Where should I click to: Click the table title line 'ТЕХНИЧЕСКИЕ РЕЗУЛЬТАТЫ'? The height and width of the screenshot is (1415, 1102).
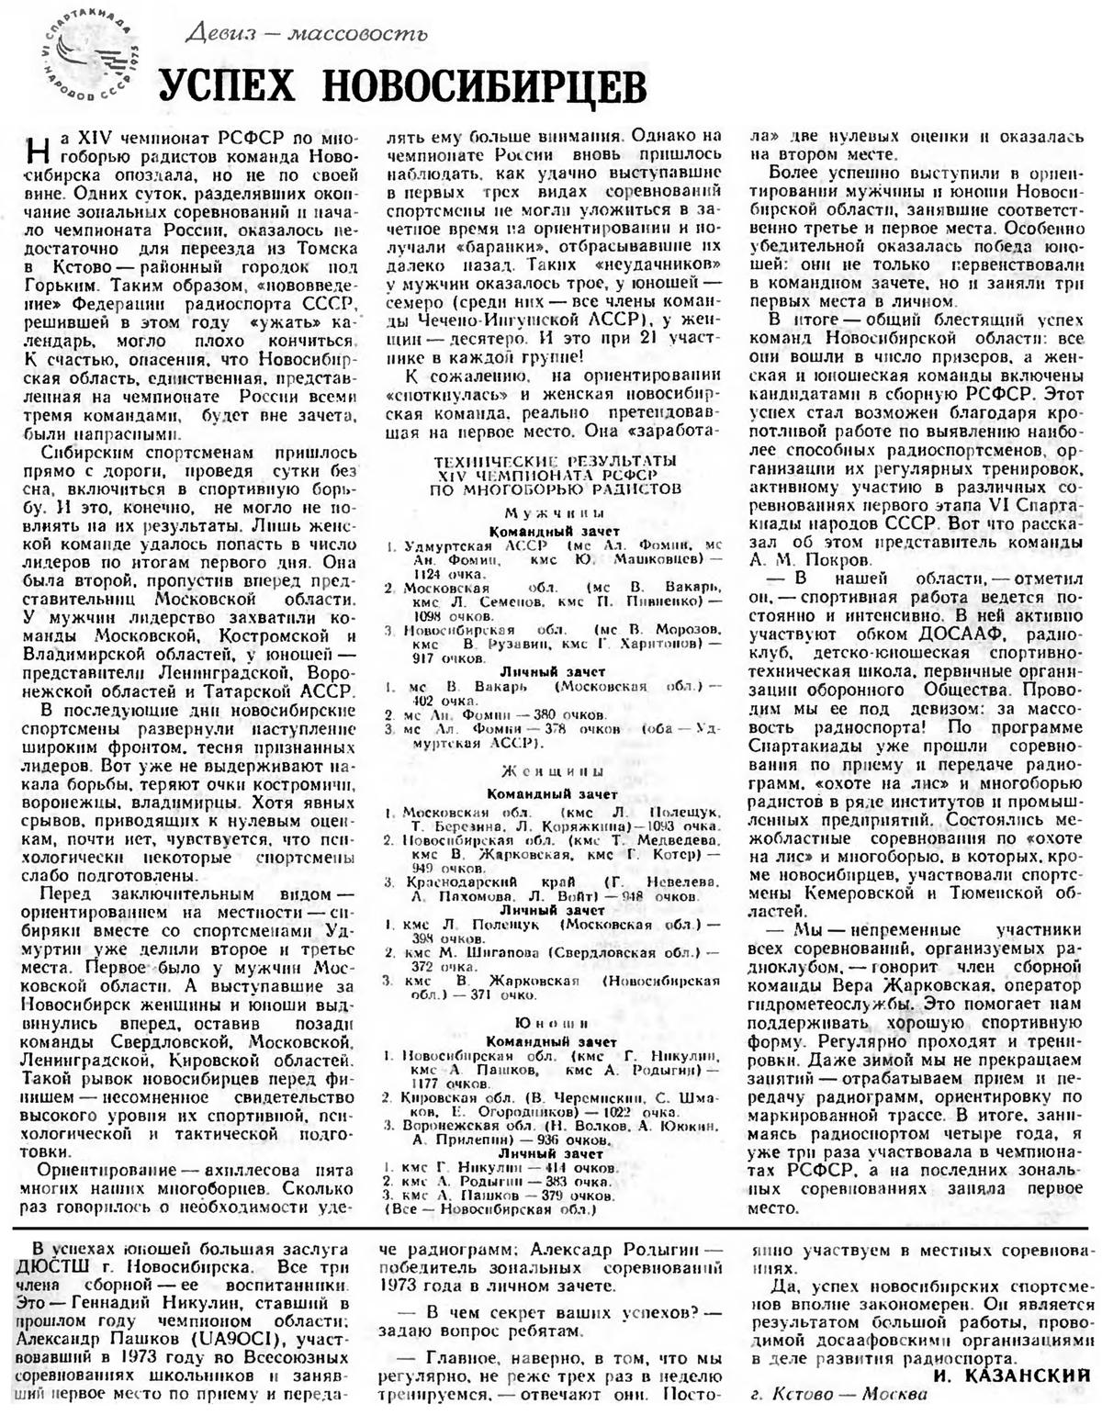[x=556, y=458]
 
